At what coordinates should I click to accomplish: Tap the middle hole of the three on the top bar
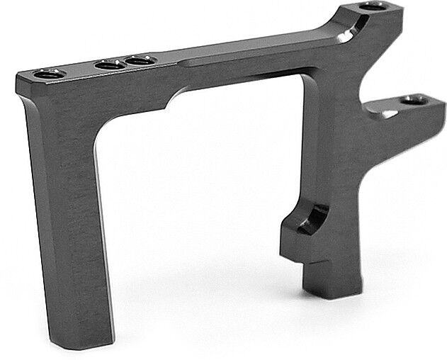(108, 65)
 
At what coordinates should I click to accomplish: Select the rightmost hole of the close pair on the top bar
(139, 61)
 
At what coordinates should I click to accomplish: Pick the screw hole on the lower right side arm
(414, 100)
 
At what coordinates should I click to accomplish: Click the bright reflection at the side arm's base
(387, 113)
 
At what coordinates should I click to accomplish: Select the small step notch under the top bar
(170, 104)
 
